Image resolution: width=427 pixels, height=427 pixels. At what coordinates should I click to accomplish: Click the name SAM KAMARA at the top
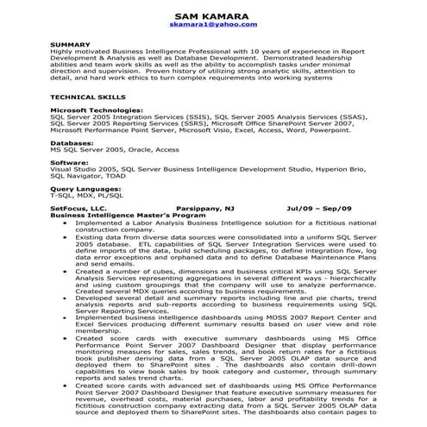pos(213,16)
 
